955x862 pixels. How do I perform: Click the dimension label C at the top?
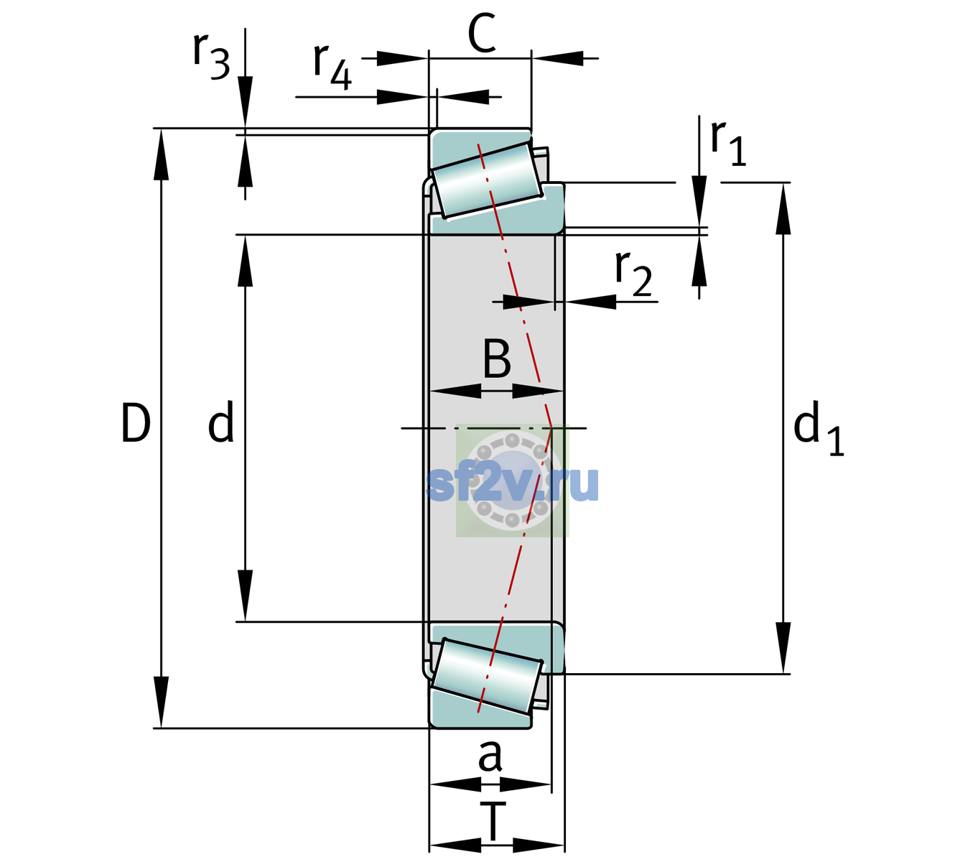point(482,33)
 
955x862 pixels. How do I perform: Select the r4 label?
point(332,67)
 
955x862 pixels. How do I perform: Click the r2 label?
point(633,274)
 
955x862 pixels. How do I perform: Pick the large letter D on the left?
point(136,423)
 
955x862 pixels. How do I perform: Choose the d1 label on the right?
point(819,427)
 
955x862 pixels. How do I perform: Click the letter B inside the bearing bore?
point(497,358)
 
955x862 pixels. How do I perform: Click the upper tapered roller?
point(487,180)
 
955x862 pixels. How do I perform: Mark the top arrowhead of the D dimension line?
point(161,154)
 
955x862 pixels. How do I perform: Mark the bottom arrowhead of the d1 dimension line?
point(783,648)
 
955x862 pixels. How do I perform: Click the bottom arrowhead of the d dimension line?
point(245,595)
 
